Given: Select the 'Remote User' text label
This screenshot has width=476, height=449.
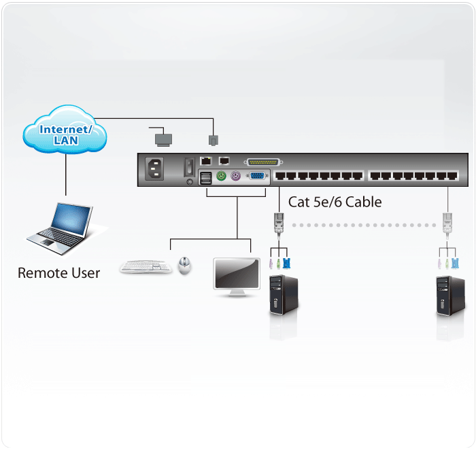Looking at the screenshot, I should pyautogui.click(x=58, y=273).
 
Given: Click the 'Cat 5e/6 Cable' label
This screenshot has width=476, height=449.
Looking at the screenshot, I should pyautogui.click(x=335, y=202).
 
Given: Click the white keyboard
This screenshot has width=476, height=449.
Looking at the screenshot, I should pyautogui.click(x=146, y=266).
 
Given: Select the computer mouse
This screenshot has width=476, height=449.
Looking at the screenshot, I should pyautogui.click(x=184, y=265).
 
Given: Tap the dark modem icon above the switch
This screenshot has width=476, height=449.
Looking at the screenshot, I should pyautogui.click(x=163, y=139).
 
